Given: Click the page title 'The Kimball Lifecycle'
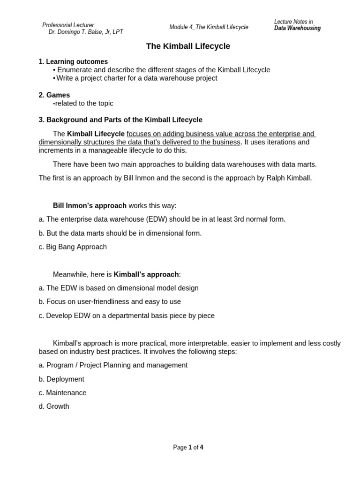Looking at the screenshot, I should pyautogui.click(x=188, y=46).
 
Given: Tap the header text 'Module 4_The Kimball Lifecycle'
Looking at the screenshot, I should pyautogui.click(x=209, y=27).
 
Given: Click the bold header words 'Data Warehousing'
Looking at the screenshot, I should pyautogui.click(x=297, y=28).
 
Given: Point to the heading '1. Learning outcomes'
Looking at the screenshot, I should pyautogui.click(x=73, y=61).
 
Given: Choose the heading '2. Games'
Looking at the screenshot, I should pyautogui.click(x=54, y=95).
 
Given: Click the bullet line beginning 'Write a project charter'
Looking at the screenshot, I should pyautogui.click(x=136, y=78).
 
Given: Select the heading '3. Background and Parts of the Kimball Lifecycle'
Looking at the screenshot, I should pyautogui.click(x=120, y=120).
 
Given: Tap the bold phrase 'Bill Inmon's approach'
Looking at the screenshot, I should pyautogui.click(x=90, y=205).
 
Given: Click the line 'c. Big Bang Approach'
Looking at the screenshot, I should pyautogui.click(x=73, y=247).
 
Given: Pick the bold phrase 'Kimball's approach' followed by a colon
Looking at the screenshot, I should pyautogui.click(x=146, y=274).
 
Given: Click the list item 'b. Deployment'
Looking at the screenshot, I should pyautogui.click(x=61, y=379).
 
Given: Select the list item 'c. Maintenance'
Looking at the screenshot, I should pyautogui.click(x=62, y=392).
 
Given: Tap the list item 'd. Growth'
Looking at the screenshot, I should pyautogui.click(x=54, y=406).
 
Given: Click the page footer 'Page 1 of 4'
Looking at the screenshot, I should pyautogui.click(x=188, y=447).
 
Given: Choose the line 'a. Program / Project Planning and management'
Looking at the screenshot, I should pyautogui.click(x=113, y=365).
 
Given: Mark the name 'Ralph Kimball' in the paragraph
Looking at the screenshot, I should pyautogui.click(x=289, y=178).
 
